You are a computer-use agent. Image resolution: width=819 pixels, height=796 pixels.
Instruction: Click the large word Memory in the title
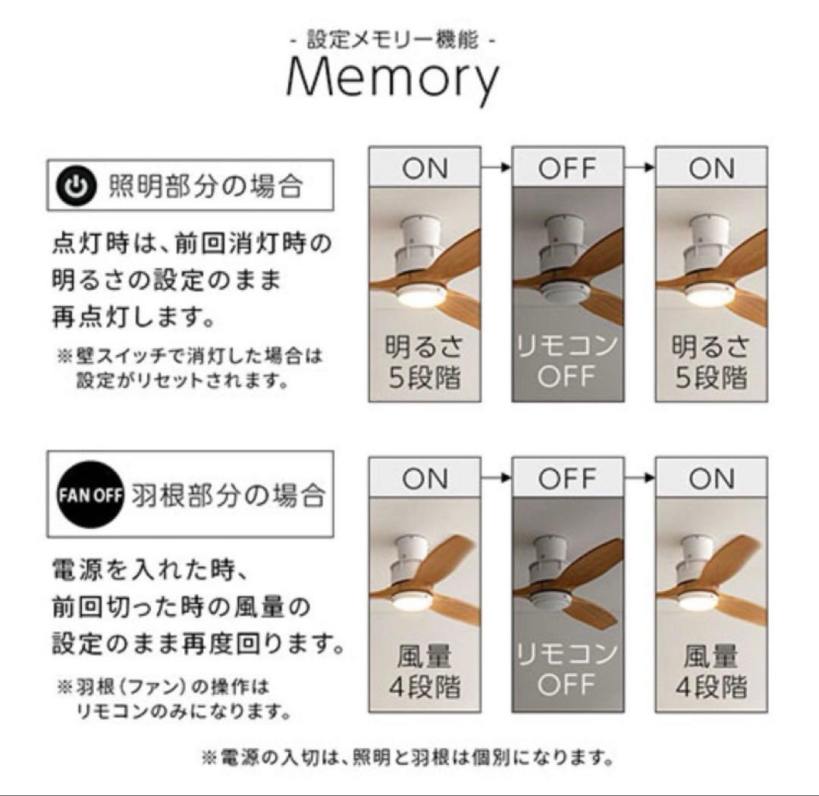(394, 79)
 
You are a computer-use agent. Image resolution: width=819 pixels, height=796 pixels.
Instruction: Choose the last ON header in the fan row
(711, 479)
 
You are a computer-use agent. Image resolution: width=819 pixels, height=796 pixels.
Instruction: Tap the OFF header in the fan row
(568, 479)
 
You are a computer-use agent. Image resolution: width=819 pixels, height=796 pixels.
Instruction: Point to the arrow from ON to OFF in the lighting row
(497, 168)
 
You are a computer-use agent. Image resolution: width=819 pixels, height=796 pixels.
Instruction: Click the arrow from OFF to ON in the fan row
(640, 478)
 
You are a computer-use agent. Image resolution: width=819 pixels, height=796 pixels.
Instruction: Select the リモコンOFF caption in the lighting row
(568, 363)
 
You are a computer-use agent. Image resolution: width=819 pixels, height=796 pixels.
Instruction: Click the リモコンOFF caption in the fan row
(568, 672)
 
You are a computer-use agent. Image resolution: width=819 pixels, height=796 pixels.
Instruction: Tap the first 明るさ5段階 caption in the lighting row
(425, 363)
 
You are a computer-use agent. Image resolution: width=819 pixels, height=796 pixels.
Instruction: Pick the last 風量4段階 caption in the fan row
(711, 672)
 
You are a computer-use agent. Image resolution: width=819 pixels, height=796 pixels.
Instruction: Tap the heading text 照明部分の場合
(206, 185)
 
